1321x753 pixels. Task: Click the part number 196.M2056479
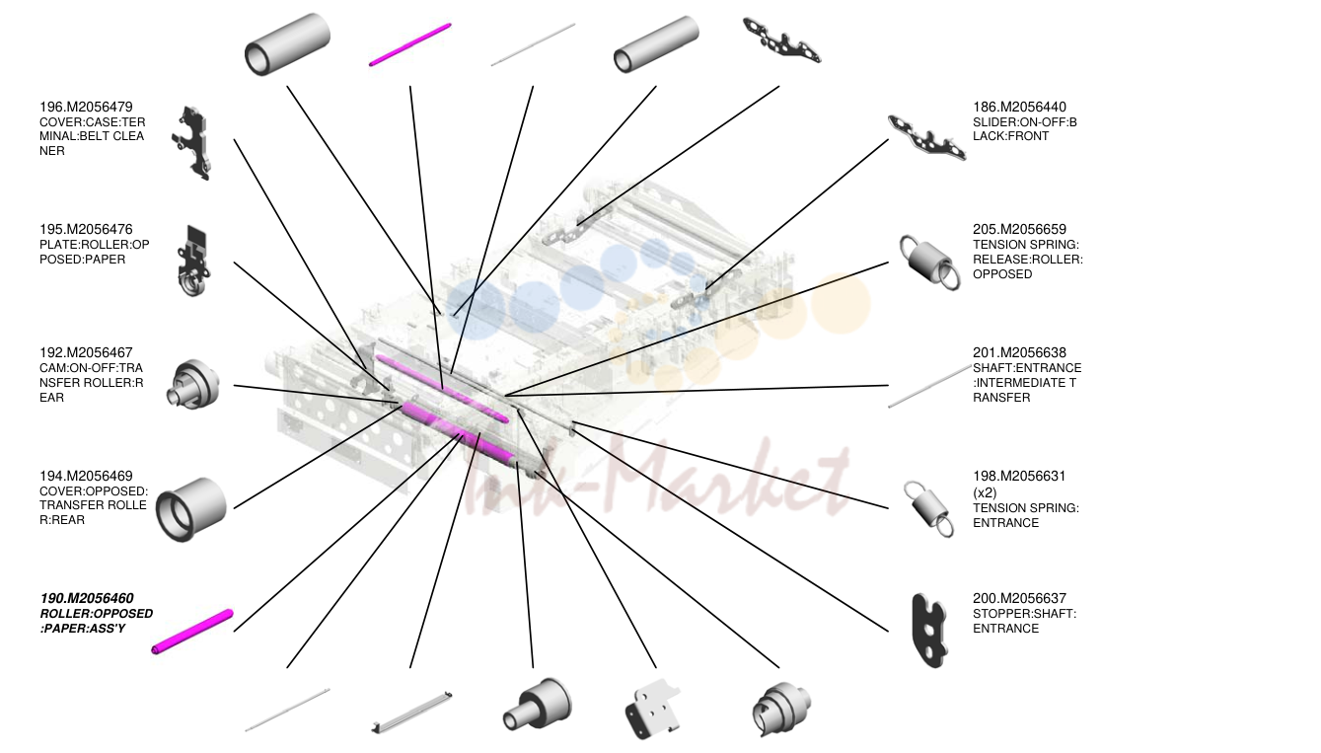point(86,107)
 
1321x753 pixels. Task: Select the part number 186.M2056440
point(1020,107)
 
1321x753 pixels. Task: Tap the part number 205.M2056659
point(1020,229)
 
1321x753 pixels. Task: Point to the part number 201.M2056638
point(1020,352)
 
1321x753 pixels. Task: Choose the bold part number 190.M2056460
point(87,598)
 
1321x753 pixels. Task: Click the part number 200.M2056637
point(1020,598)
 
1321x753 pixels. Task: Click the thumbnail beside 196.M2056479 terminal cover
point(192,143)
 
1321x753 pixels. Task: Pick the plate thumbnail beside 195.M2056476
point(194,261)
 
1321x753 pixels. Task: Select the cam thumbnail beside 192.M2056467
point(193,384)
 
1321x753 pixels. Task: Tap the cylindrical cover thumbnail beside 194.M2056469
point(191,508)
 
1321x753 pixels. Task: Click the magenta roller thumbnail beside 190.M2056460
point(192,632)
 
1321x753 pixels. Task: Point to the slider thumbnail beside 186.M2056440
point(927,138)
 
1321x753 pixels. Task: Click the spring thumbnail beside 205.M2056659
point(930,262)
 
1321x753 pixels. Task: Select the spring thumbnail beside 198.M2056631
point(928,508)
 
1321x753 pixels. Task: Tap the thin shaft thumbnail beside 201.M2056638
point(930,386)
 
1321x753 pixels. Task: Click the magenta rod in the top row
point(410,44)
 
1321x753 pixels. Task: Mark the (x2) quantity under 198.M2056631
point(985,492)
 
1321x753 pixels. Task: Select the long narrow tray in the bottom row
point(411,712)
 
